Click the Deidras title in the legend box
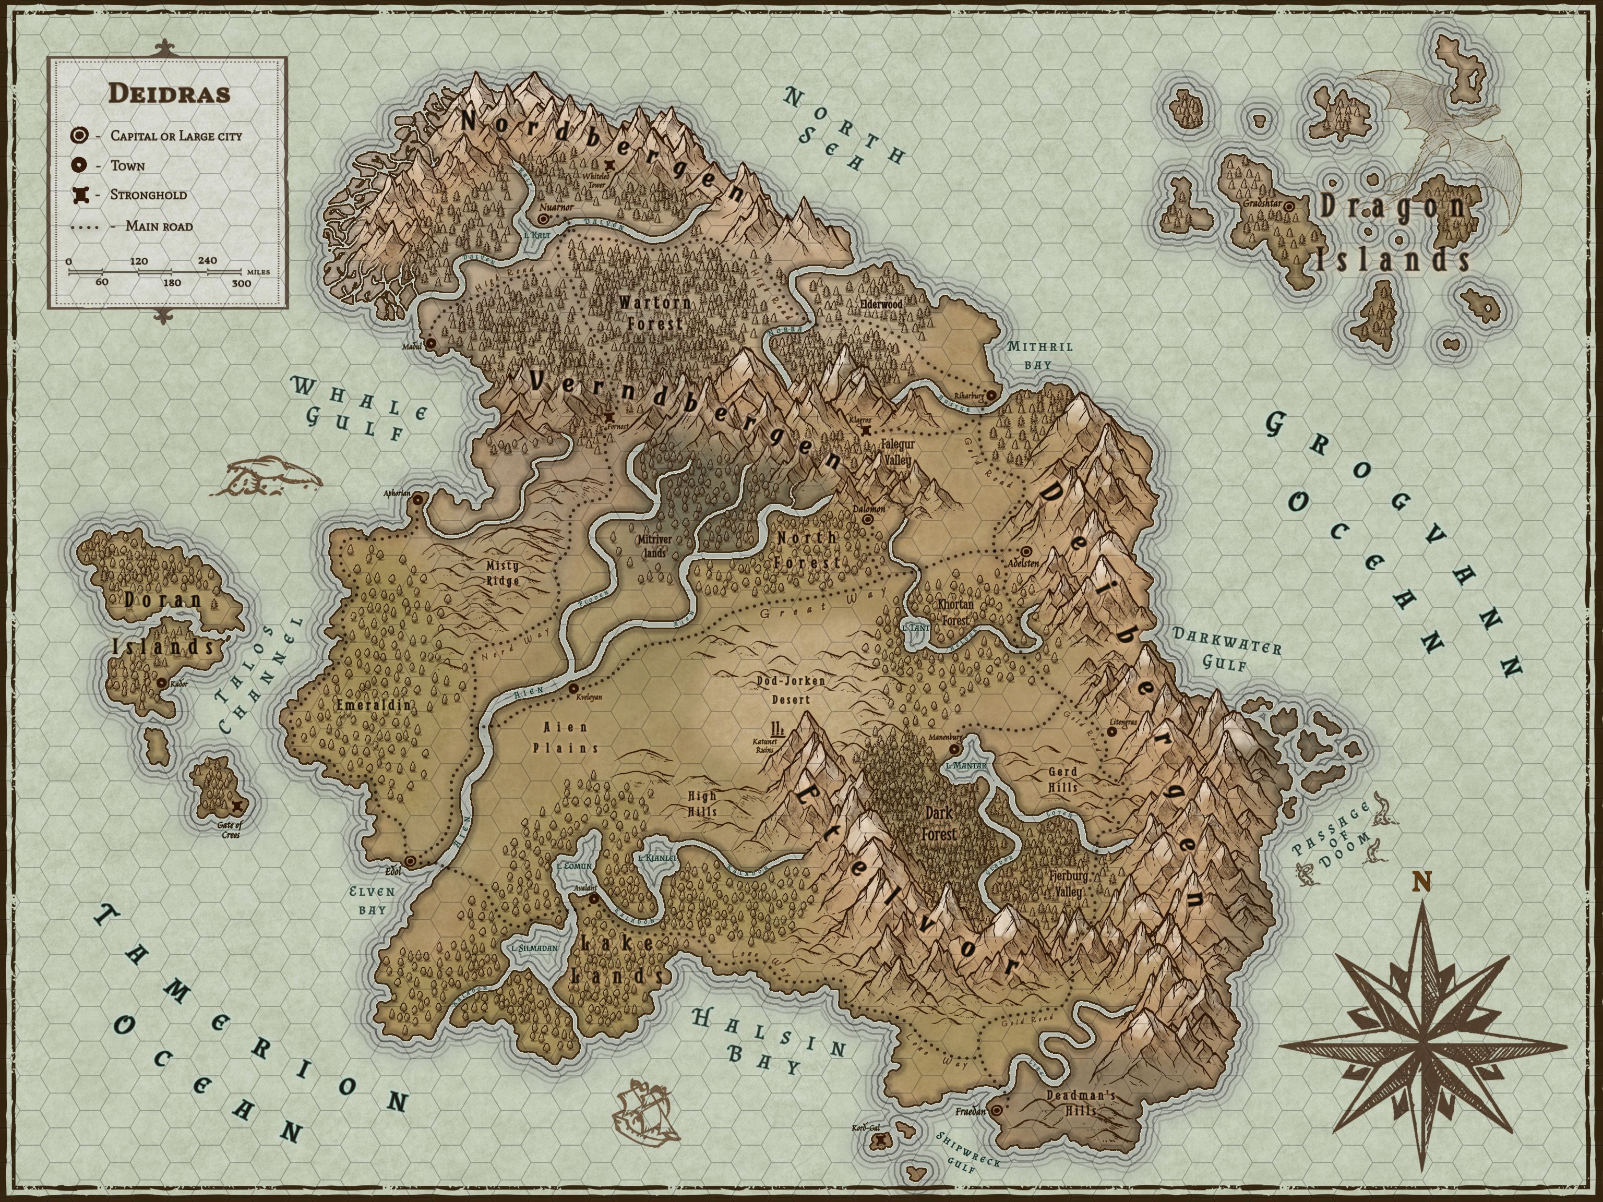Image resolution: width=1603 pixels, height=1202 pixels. [169, 93]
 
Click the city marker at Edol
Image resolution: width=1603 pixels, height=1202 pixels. [411, 861]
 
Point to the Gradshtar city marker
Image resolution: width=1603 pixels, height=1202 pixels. [1289, 207]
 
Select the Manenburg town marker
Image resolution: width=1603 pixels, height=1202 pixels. [954, 749]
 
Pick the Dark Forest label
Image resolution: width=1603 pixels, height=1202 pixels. [939, 824]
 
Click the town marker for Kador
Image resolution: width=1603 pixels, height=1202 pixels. [161, 682]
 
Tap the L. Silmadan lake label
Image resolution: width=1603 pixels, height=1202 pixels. [534, 948]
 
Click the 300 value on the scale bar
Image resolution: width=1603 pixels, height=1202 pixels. [241, 283]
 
